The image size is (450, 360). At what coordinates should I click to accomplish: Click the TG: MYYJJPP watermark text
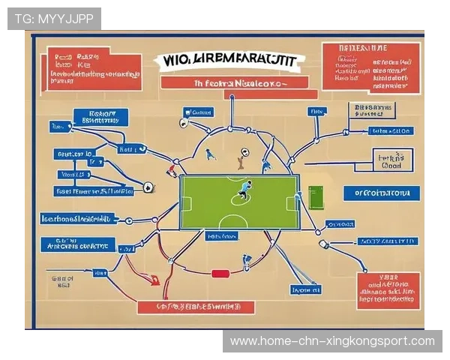[54, 18]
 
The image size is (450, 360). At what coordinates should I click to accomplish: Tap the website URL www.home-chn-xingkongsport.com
[332, 341]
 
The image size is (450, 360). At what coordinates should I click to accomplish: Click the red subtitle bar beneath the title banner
[234, 83]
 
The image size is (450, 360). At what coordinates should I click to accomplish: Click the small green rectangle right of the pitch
[315, 198]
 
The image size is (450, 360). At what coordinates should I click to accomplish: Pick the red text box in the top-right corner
[370, 67]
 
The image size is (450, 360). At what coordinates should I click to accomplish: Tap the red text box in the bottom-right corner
[388, 290]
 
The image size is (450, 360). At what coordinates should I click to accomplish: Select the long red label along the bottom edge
[196, 307]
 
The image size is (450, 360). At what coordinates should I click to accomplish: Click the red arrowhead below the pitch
[154, 281]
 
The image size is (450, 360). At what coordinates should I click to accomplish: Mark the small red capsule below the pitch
[220, 274]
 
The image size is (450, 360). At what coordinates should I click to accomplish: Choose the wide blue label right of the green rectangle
[380, 193]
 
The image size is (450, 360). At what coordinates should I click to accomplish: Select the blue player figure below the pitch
[246, 262]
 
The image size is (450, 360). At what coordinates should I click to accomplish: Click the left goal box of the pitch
[187, 203]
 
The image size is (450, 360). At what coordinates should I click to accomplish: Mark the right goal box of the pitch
[293, 203]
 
